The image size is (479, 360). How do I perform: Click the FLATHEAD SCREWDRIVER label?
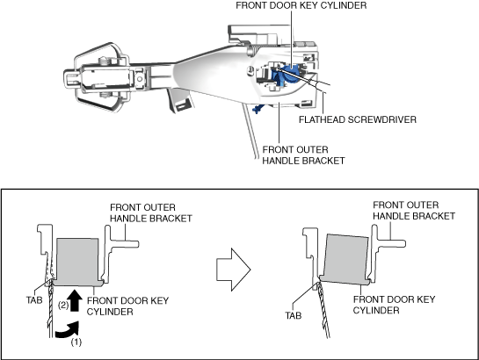point(358,119)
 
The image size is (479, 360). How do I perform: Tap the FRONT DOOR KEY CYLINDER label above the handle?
point(301,5)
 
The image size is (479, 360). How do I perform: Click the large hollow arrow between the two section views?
point(234,270)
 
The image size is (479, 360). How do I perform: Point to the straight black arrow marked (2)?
point(75,300)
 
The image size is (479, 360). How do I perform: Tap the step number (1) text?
point(76,342)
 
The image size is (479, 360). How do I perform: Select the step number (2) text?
point(63,305)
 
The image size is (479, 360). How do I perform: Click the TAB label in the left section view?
point(34,300)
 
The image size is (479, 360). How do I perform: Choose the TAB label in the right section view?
point(294,315)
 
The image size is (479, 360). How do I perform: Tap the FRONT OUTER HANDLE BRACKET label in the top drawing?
point(303,155)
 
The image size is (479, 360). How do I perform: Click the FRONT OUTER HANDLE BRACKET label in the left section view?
point(151,213)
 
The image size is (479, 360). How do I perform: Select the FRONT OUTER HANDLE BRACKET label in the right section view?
point(414,210)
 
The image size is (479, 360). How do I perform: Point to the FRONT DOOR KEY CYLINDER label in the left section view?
point(127,306)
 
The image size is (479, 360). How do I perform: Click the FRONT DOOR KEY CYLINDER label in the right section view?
point(394,305)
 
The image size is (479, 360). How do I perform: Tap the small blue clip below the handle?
point(258,108)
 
